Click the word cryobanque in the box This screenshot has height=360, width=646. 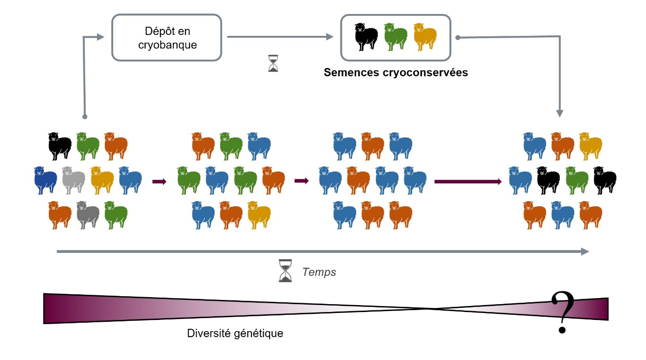[x=167, y=45]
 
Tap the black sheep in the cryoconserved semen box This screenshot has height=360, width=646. [x=367, y=37]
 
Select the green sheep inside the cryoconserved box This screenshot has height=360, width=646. [x=395, y=37]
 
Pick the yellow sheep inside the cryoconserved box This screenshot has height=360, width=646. [x=425, y=37]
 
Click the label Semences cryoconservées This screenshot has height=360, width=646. [x=396, y=73]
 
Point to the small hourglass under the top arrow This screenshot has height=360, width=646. [x=273, y=63]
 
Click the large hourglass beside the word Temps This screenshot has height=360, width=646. [x=285, y=271]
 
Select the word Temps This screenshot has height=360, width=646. [x=319, y=272]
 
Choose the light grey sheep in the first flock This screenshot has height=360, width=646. [x=74, y=180]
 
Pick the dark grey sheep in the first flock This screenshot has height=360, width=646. [x=88, y=215]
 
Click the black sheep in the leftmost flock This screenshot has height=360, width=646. [x=60, y=146]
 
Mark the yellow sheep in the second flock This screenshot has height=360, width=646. [x=258, y=215]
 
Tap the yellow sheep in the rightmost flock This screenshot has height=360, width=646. [x=591, y=146]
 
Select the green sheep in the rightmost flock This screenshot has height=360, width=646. [x=577, y=180]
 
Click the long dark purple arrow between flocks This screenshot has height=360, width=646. [x=468, y=181]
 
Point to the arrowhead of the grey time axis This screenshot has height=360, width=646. [x=585, y=251]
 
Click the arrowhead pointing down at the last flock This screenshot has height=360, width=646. [x=560, y=113]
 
